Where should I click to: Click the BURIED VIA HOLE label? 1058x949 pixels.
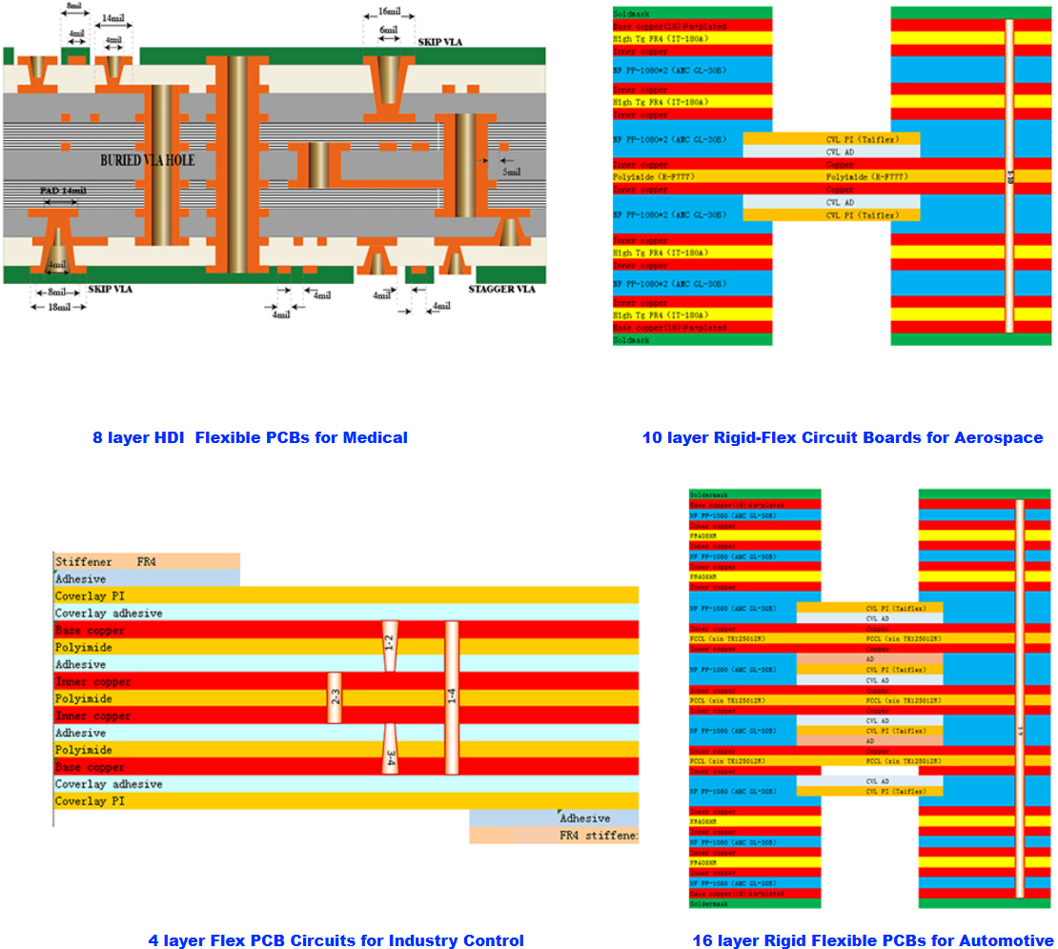click(x=148, y=160)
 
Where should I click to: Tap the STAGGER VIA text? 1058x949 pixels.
click(x=501, y=289)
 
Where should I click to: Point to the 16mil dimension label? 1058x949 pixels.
click(x=389, y=11)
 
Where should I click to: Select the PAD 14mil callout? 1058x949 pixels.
click(x=63, y=191)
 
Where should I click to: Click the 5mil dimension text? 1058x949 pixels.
click(x=512, y=172)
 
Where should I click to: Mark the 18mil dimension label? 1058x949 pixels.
click(x=59, y=308)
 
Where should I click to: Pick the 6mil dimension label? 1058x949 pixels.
click(x=388, y=30)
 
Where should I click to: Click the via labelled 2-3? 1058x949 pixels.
click(x=335, y=698)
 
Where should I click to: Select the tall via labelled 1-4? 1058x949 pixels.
click(x=452, y=698)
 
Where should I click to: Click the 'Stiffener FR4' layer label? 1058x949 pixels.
click(x=105, y=561)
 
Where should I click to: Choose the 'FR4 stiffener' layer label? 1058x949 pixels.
click(x=599, y=836)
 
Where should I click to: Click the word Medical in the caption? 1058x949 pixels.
click(x=376, y=437)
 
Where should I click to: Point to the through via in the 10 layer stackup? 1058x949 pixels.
click(x=1009, y=175)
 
